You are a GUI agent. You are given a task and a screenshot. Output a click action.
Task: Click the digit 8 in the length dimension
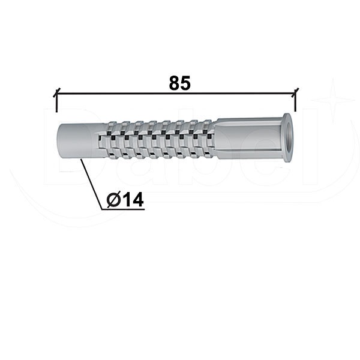174,83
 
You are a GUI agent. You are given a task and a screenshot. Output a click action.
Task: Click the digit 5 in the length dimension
185,83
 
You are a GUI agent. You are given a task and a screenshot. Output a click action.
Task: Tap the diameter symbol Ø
113,200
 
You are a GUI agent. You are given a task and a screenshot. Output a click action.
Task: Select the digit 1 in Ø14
126,200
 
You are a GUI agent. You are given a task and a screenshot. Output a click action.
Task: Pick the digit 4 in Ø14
137,200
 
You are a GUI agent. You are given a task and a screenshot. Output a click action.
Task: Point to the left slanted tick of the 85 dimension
57,92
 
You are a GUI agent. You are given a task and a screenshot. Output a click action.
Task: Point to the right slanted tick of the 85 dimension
295,92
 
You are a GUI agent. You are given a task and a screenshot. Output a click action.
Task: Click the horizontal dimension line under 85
176,93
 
